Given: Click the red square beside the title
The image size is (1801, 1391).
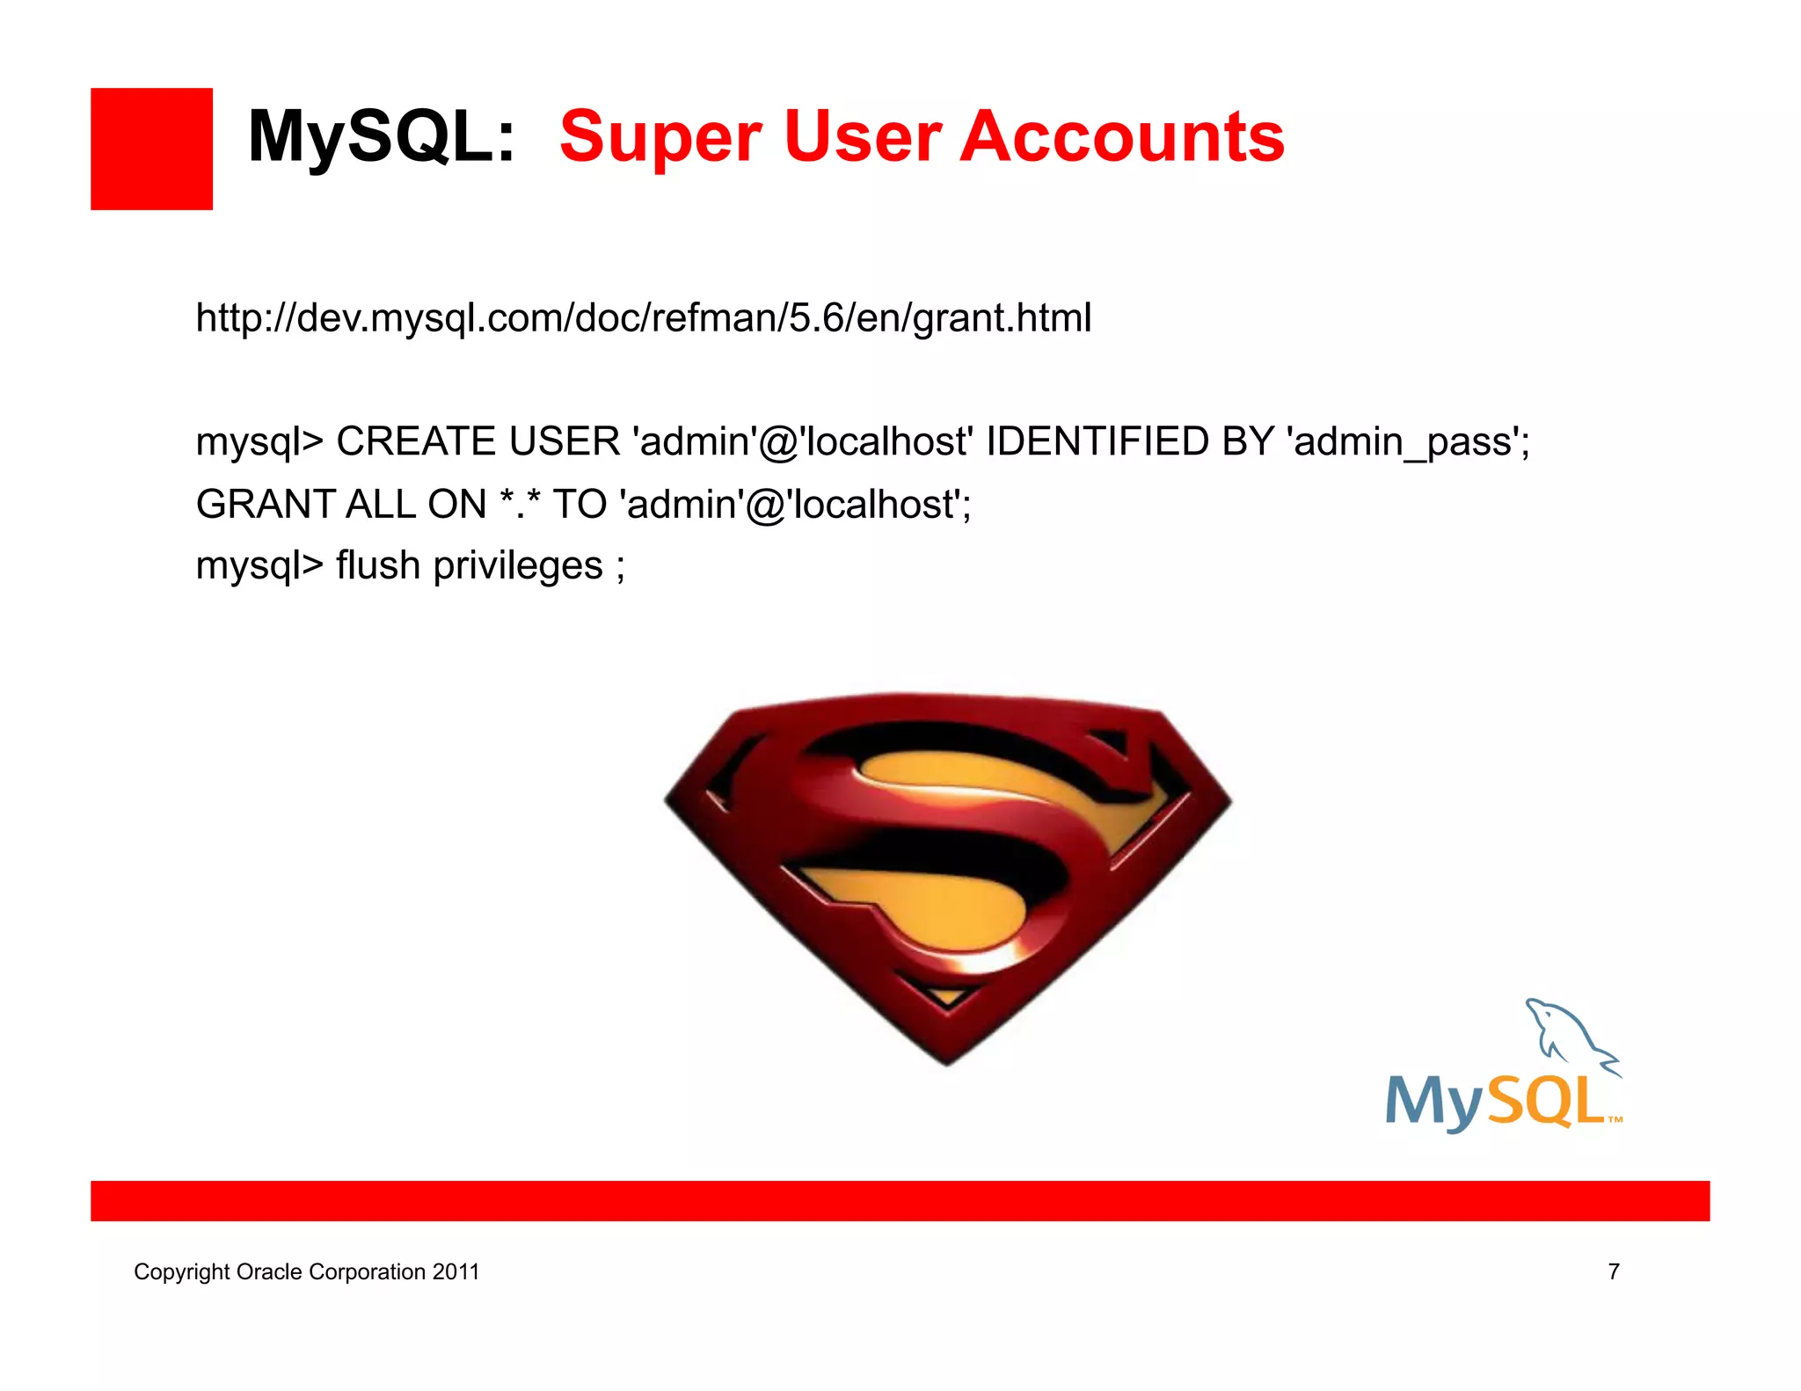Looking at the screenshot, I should click(x=151, y=149).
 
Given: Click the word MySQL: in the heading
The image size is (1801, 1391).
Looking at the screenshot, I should click(x=381, y=137).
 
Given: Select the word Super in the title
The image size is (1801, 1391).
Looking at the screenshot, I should click(x=660, y=137).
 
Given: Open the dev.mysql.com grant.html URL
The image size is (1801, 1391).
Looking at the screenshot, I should click(x=643, y=317).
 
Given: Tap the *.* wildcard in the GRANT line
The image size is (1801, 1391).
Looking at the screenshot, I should click(x=520, y=503).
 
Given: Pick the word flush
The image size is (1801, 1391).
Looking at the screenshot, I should click(x=377, y=565).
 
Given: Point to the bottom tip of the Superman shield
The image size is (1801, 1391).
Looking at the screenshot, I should click(x=947, y=1060).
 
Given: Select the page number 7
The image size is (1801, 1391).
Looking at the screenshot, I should click(x=1614, y=1271).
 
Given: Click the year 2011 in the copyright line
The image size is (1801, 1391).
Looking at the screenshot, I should click(x=456, y=1272).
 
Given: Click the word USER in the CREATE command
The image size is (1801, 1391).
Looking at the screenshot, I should click(x=565, y=441).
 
